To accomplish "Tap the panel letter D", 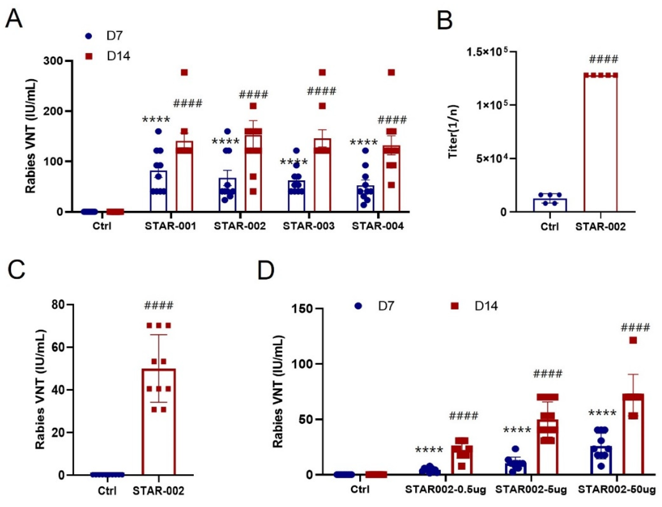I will pos(266,270).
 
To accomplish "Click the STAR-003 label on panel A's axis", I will pos(309,226).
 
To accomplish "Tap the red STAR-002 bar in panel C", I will pos(159,422).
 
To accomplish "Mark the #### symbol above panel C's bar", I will pos(159,305).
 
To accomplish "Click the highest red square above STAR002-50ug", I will pos(633,340).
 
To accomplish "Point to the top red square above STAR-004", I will pos(391,72).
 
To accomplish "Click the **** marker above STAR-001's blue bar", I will pos(156,120).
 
